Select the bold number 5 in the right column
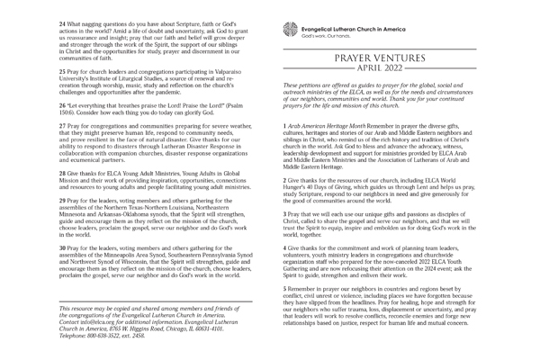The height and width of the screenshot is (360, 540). (x=284, y=286)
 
